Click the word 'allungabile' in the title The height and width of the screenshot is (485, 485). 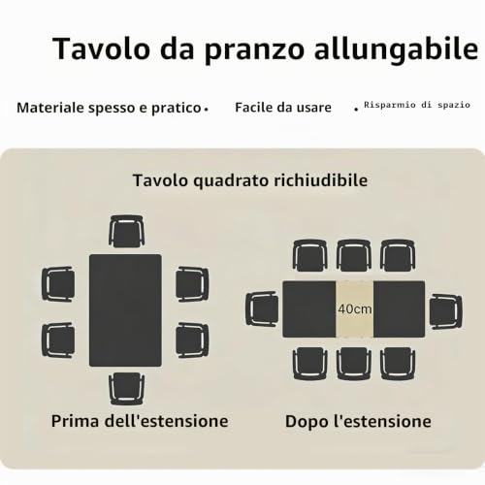396,49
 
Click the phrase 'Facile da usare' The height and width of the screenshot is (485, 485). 283,108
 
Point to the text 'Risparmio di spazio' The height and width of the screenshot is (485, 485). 417,105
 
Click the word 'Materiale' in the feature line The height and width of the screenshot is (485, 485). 50,108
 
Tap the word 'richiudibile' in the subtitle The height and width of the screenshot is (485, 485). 321,180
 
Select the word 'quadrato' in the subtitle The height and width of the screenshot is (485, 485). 231,181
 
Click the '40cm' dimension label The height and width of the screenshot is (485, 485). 355,309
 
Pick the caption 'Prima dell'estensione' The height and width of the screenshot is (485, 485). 140,421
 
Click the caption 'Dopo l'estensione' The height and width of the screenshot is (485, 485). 358,422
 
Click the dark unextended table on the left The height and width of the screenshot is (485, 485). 125,310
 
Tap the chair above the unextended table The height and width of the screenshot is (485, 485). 126,232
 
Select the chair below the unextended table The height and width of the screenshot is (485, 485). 126,389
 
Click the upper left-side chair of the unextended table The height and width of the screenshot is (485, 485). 58,284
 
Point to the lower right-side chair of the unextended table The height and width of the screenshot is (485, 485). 192,340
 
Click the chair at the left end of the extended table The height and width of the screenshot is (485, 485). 262,309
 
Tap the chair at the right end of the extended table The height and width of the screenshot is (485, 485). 445,311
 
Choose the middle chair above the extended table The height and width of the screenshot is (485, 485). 354,255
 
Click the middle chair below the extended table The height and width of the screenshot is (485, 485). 354,364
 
